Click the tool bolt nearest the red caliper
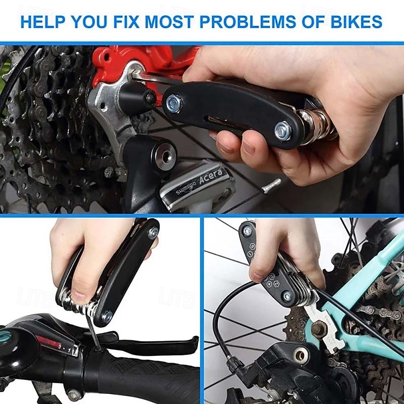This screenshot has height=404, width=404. tap(174, 103)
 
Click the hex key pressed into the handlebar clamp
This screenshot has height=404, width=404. tap(94, 334)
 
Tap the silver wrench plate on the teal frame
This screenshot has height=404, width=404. tap(323, 323)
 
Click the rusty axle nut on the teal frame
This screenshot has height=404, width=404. tap(318, 329)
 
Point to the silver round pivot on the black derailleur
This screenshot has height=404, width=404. tap(301, 356)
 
